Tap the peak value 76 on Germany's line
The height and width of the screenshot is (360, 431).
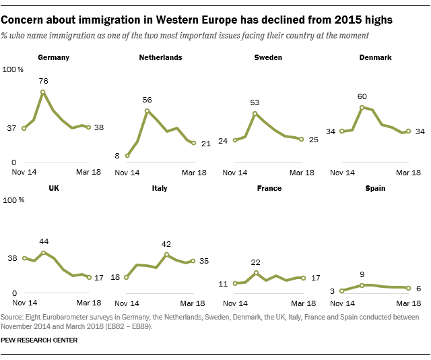coord(43,82)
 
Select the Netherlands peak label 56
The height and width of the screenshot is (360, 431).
coord(147,100)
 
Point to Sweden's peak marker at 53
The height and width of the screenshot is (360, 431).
coord(255,113)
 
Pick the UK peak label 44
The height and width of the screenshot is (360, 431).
coord(43,241)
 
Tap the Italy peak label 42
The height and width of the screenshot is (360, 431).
coord(166,244)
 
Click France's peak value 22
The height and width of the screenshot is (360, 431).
coord(256,262)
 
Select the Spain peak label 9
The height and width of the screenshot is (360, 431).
coord(362,274)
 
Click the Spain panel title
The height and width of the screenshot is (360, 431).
coord(375,188)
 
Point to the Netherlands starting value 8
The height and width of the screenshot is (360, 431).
coord(117,156)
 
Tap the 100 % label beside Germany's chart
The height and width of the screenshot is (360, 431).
coord(13,69)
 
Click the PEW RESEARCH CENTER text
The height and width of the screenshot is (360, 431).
coord(39,340)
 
